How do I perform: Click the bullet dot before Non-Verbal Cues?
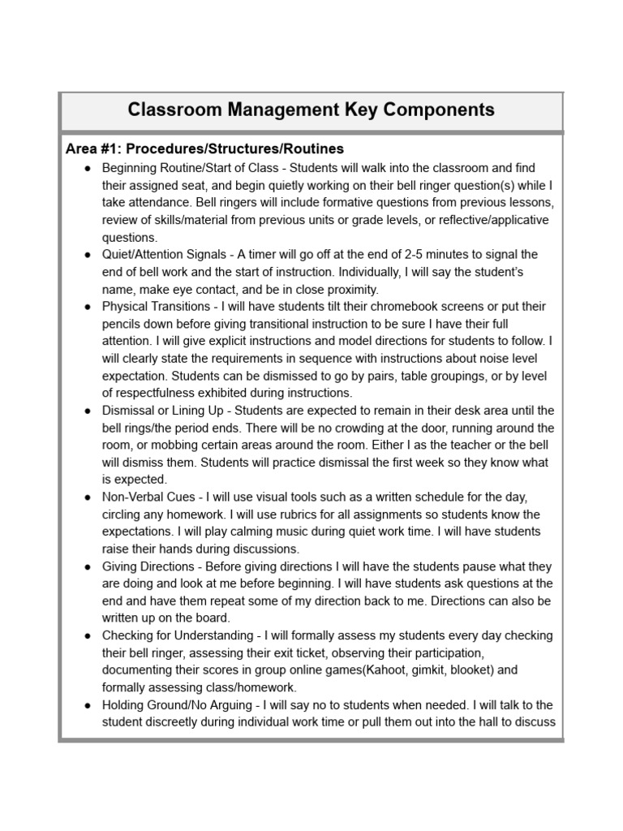pyautogui.click(x=87, y=497)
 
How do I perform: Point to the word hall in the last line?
pyautogui.click(x=470, y=722)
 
